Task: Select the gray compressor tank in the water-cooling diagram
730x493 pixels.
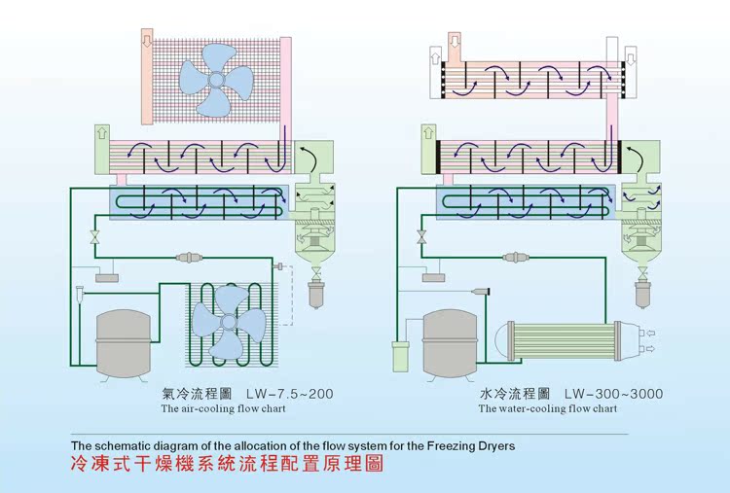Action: tap(449, 341)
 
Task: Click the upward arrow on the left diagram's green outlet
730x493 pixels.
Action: tap(101, 134)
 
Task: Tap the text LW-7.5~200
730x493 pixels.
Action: tap(289, 394)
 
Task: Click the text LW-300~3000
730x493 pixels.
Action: tap(614, 394)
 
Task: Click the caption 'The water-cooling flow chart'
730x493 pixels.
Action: tap(547, 409)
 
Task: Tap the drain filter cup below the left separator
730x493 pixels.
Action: tap(313, 293)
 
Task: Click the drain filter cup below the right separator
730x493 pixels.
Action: tap(641, 293)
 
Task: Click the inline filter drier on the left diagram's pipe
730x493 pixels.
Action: tap(192, 258)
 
